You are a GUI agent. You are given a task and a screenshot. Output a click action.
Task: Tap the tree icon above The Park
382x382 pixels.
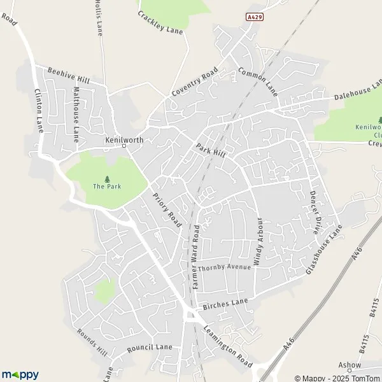coord(106,179)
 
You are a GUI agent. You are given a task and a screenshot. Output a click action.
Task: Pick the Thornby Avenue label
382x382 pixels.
coord(224,268)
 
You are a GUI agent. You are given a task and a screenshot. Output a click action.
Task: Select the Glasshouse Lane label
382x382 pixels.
coord(324,250)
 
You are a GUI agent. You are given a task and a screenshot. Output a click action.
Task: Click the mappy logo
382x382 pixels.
coord(20,374)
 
